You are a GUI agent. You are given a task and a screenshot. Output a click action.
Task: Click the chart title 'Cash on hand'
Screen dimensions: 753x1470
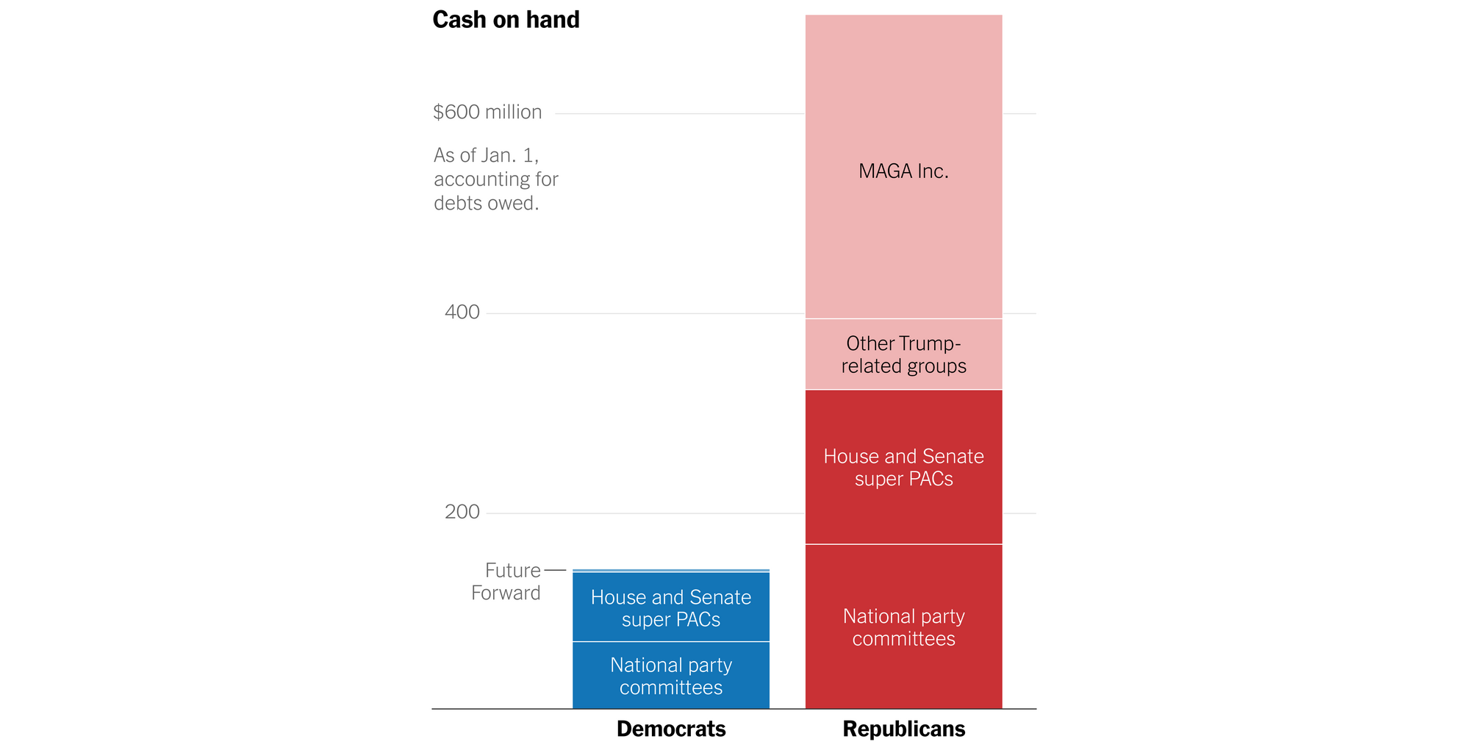[506, 20]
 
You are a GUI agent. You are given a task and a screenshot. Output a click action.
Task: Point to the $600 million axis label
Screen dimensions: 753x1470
[487, 113]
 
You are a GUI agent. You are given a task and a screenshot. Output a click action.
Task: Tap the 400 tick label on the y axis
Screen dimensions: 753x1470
[462, 313]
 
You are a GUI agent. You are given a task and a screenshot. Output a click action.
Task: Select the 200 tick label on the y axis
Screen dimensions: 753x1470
[462, 512]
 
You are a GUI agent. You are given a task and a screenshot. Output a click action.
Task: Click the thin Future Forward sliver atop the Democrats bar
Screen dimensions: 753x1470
[670, 571]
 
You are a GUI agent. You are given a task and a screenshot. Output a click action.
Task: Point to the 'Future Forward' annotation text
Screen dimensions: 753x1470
[506, 582]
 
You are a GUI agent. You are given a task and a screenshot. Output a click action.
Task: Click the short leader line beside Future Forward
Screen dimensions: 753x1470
[555, 571]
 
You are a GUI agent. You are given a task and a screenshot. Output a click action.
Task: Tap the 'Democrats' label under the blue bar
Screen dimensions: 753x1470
[670, 729]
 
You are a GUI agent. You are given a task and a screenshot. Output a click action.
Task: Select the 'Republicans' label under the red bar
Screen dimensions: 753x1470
[903, 729]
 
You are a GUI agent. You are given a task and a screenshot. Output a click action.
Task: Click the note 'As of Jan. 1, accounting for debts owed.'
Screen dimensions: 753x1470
[495, 179]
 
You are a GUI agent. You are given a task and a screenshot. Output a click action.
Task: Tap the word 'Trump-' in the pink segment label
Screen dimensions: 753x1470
[930, 343]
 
